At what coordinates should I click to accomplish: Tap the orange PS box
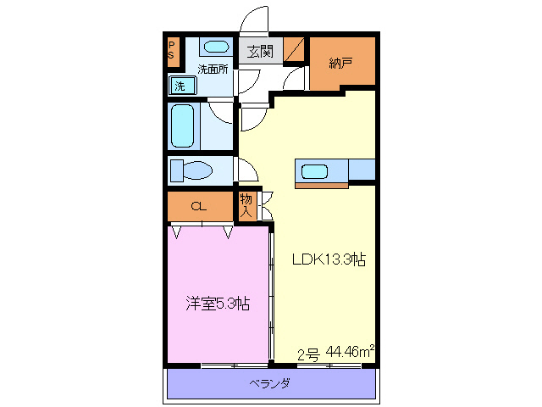coord(172,50)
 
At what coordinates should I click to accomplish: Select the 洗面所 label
coord(213,70)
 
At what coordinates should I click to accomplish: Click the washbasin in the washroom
coord(218,47)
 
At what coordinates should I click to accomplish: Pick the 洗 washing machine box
coord(180,85)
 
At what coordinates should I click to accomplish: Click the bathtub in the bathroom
coord(183,125)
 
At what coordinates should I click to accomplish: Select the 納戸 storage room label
coord(340,62)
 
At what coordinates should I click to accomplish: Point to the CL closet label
coord(198,206)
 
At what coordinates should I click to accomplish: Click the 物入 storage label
coord(246,205)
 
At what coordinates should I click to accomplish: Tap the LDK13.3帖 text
coord(329,260)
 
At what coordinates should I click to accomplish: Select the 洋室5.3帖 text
coord(218,303)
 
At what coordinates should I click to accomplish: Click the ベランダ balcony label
coord(270,383)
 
